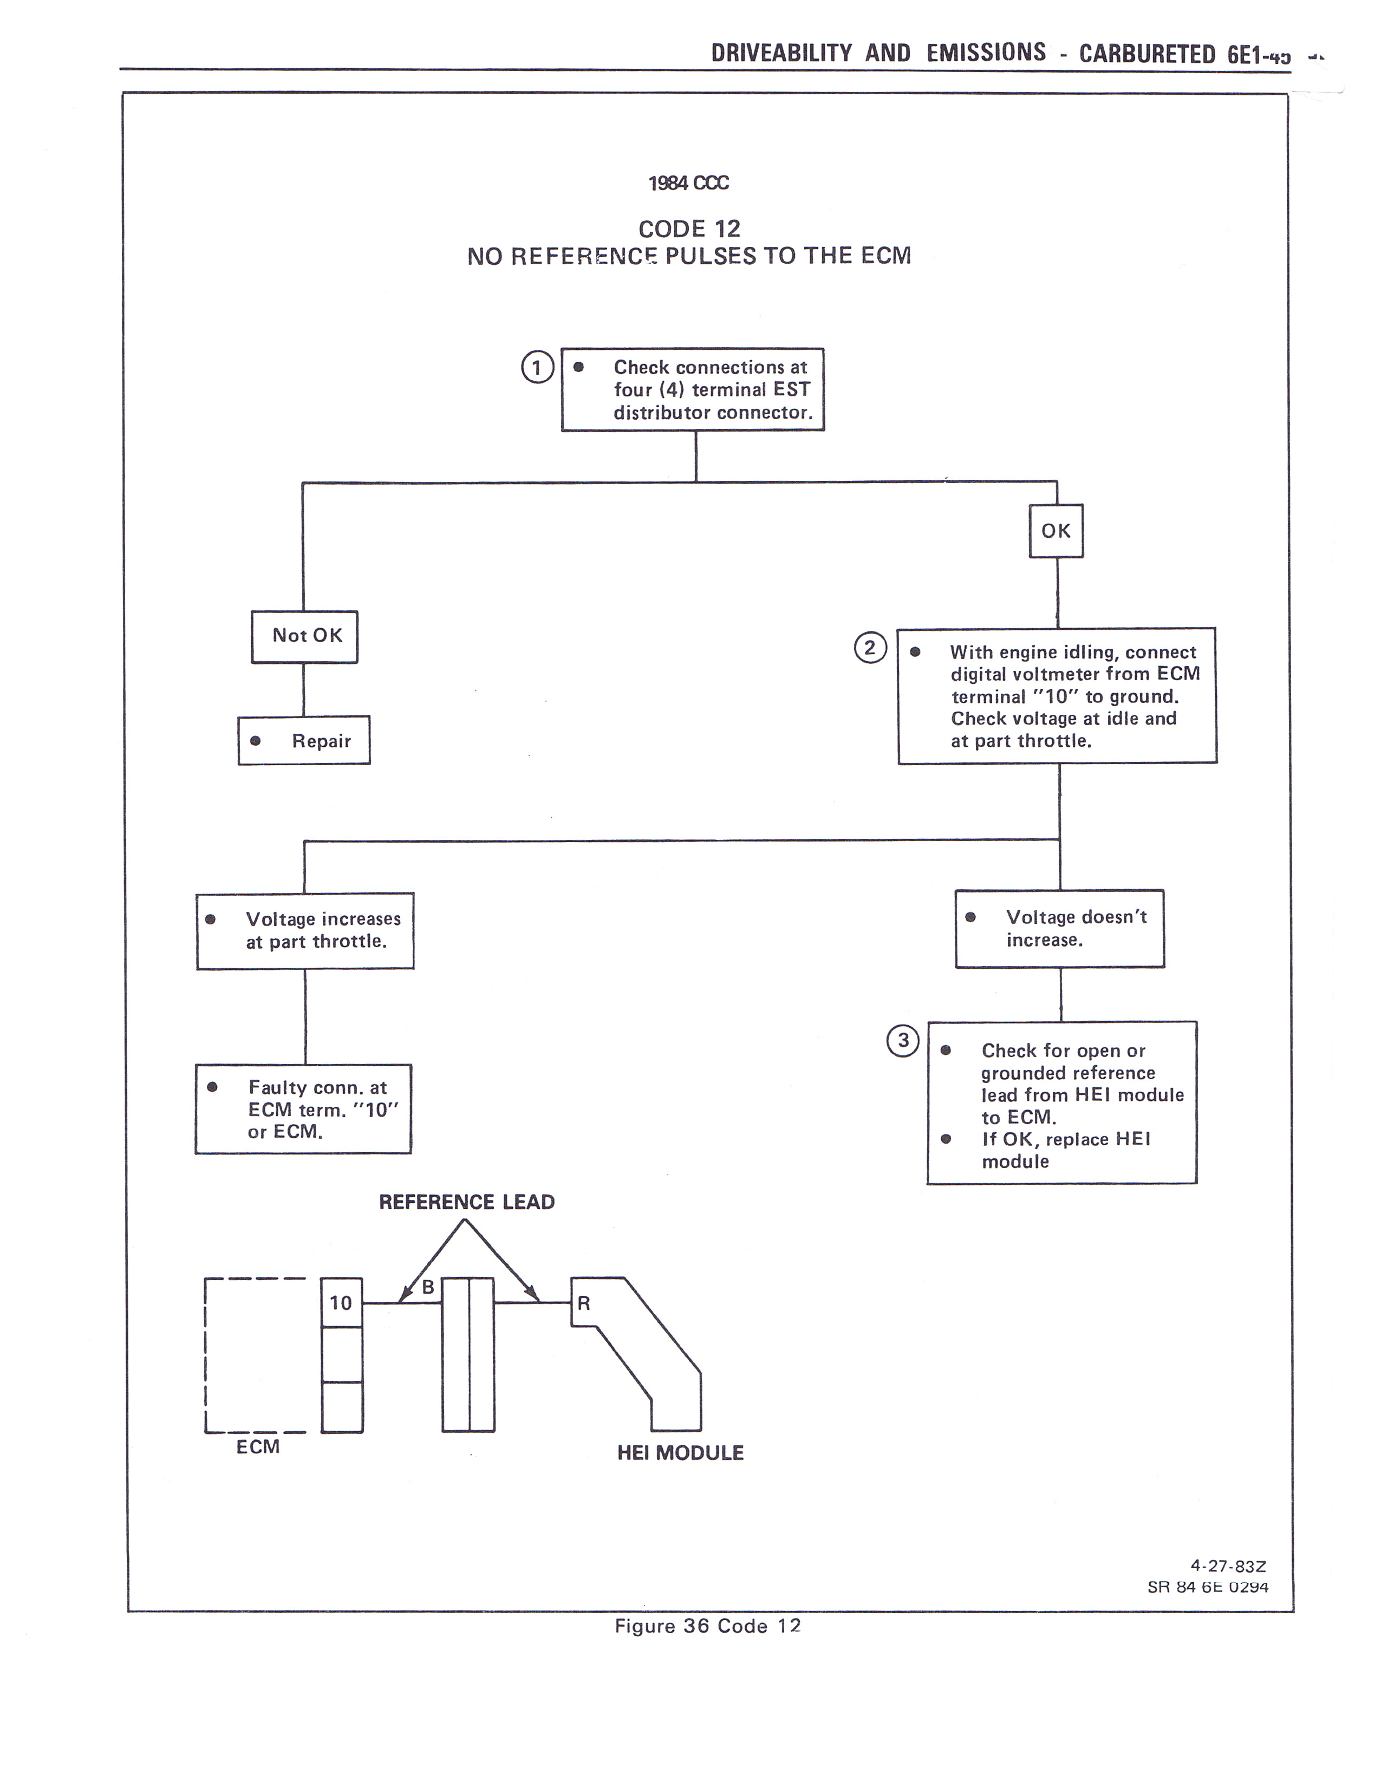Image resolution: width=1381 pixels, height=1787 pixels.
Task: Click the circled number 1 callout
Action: click(x=538, y=367)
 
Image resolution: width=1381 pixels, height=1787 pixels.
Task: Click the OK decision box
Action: click(x=1056, y=531)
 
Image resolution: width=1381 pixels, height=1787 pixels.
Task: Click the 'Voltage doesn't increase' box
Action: click(x=1059, y=929)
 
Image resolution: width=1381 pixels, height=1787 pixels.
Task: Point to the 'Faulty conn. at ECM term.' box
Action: click(x=303, y=1108)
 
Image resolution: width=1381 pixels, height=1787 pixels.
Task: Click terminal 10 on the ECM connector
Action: click(x=341, y=1302)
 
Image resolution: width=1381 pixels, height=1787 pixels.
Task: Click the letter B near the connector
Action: click(x=428, y=1288)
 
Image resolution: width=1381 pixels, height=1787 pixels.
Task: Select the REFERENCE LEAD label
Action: click(x=466, y=1202)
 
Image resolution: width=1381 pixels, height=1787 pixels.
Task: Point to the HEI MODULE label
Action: click(x=680, y=1453)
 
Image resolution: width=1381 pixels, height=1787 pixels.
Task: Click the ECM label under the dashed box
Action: click(x=258, y=1446)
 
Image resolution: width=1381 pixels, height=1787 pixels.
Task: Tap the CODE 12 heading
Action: click(x=689, y=229)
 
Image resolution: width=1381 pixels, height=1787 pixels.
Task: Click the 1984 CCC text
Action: click(x=688, y=183)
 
